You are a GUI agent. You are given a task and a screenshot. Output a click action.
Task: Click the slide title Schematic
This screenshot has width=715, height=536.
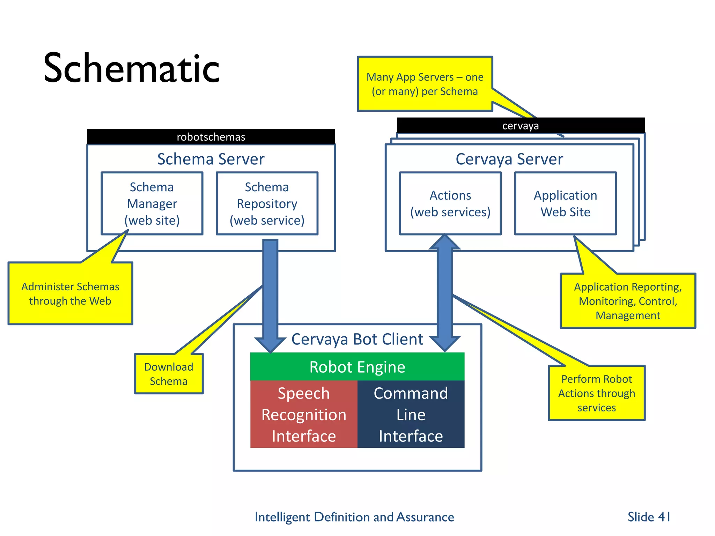tap(131, 68)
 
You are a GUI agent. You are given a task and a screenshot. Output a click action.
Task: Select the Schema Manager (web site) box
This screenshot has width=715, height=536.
tap(152, 203)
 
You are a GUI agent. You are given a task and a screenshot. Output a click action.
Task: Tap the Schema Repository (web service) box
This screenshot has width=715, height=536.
tap(267, 203)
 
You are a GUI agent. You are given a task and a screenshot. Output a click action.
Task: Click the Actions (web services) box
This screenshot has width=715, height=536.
tap(450, 203)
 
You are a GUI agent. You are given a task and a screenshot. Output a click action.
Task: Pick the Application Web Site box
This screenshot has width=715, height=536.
tap(565, 203)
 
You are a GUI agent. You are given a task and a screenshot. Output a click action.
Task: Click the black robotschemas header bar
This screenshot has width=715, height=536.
tap(211, 137)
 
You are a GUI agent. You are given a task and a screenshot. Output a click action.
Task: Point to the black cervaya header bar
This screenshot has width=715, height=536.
tap(520, 126)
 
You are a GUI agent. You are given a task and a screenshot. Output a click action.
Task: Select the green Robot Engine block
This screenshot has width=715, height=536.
tap(357, 367)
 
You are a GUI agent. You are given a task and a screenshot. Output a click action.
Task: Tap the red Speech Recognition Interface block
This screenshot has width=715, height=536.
tap(304, 414)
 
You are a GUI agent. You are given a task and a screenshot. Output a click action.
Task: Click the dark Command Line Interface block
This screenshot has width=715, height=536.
tap(411, 414)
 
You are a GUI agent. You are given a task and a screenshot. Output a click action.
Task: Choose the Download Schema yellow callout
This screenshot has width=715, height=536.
tap(169, 374)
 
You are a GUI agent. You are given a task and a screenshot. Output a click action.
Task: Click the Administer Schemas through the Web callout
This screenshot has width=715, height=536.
tap(70, 293)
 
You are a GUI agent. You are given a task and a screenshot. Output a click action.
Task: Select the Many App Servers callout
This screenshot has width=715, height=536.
tap(425, 84)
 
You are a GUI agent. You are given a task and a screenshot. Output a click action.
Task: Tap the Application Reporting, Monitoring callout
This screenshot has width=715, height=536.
tap(628, 301)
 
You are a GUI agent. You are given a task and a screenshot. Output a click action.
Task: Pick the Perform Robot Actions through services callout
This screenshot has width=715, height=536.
tap(596, 393)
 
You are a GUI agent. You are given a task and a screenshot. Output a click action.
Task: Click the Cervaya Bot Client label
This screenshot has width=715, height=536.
tap(357, 339)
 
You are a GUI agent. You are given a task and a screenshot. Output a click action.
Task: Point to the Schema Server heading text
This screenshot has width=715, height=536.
tap(211, 159)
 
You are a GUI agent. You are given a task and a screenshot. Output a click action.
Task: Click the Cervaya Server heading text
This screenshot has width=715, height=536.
tap(509, 159)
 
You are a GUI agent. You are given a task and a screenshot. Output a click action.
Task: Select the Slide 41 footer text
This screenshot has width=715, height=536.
tap(649, 517)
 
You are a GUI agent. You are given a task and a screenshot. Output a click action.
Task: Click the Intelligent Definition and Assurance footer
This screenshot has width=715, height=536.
tap(354, 517)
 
